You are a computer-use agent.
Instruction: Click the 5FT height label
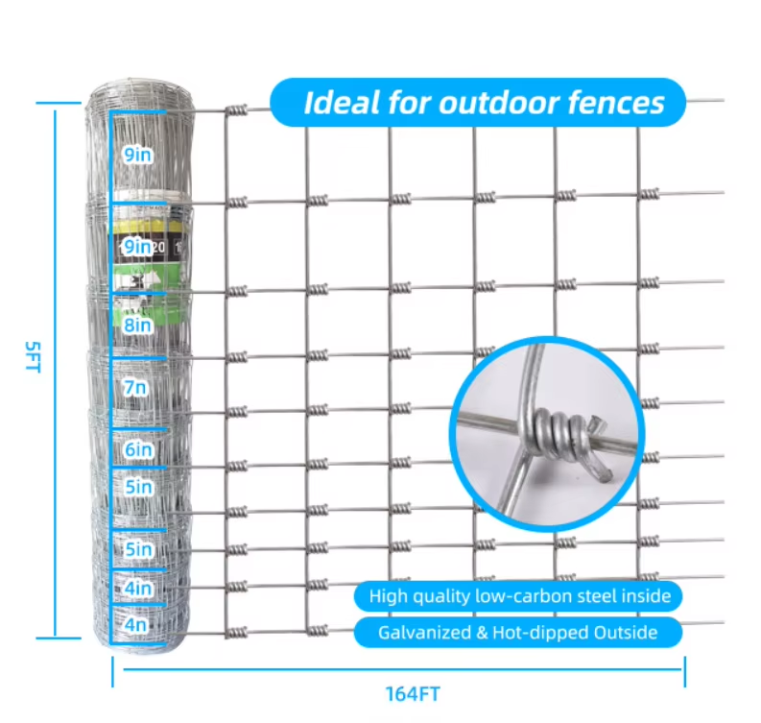pos(33,357)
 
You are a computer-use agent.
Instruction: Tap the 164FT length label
pos(413,694)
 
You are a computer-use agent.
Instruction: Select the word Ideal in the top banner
pos(342,103)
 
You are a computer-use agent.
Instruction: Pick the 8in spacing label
pos(137,325)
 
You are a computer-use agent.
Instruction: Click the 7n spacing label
pos(134,388)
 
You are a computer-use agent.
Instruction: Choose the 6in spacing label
pos(138,449)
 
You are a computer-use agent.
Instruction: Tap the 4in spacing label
pos(138,588)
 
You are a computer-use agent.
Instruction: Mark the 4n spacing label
pos(135,624)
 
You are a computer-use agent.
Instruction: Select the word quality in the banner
pos(441,597)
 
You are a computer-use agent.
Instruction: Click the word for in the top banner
pos(409,103)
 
